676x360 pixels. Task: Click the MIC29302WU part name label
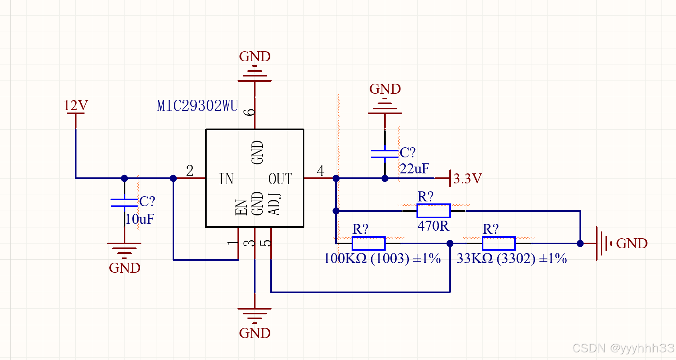coord(197,106)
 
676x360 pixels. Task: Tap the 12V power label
coord(76,105)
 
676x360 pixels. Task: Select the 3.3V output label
coord(467,179)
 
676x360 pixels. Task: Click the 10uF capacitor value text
coord(140,219)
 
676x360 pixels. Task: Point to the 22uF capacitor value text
coord(414,169)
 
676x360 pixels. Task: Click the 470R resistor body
coord(433,211)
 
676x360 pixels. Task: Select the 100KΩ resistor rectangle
coord(368,243)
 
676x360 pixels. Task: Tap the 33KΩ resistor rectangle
coord(499,243)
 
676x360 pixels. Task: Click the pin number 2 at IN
coord(190,171)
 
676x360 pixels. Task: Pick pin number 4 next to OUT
coord(320,171)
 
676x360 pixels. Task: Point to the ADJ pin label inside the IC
coord(275,204)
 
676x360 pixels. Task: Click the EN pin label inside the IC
coord(241,207)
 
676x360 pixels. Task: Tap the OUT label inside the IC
coord(280,179)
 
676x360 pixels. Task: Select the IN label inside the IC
coord(226,179)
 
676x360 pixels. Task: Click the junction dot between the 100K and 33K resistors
coord(450,243)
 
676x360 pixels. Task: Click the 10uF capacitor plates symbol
coord(125,203)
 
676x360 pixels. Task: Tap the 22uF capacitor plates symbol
coord(385,154)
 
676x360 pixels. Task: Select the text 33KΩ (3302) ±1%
coord(511,258)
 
